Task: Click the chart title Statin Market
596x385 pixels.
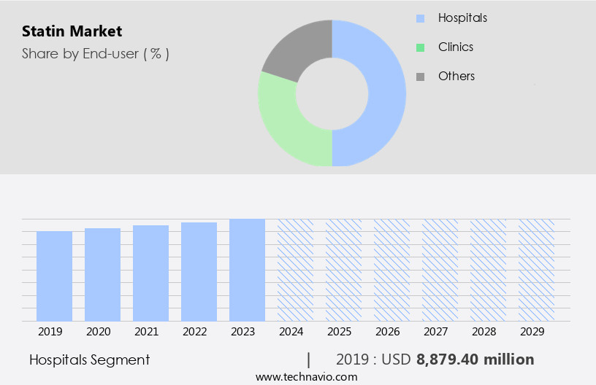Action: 72,31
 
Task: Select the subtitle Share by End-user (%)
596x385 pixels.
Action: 95,53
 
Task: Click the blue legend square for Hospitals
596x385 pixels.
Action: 420,18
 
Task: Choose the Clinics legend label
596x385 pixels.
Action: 455,47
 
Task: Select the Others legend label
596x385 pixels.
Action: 456,76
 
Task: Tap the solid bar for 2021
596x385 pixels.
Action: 150,273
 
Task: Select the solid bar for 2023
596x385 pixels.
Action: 247,270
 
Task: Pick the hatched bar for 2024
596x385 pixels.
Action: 295,270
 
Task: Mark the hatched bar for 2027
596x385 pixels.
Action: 440,270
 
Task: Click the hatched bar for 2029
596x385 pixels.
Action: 536,270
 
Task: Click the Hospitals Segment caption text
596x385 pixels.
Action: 89,359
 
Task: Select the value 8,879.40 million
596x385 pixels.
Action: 475,359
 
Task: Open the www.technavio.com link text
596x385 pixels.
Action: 306,377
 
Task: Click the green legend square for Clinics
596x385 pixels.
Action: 420,47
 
